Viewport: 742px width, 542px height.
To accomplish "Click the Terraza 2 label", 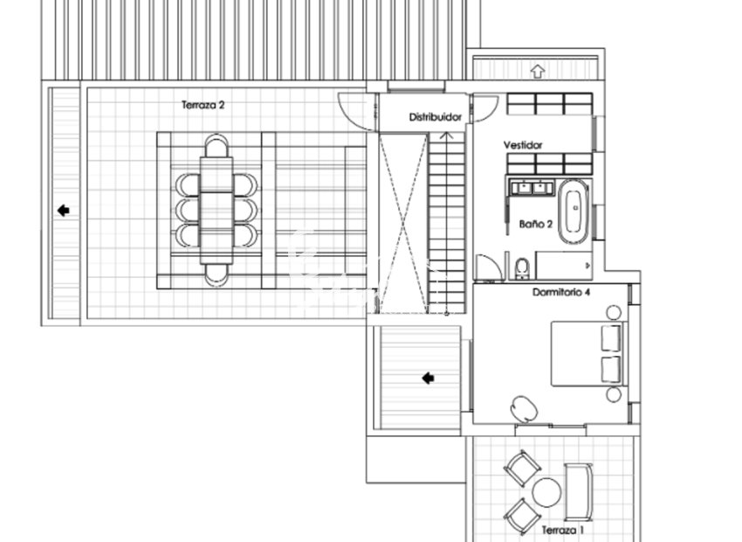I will pos(203,105).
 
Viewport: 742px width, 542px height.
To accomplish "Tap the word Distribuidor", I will pos(435,116).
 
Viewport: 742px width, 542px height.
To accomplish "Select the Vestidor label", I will pos(523,145).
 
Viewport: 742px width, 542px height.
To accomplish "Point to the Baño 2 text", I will pos(536,224).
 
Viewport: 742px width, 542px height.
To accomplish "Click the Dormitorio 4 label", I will pos(561,292).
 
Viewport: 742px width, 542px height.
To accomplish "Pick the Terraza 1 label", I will pos(562,530).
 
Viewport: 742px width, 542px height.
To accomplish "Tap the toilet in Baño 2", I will pos(521,266).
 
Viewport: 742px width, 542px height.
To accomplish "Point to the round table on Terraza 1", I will pos(547,491).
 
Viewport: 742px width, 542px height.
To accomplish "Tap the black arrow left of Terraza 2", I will pos(63,210).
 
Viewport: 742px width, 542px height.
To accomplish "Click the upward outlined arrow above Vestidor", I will pos(537,69).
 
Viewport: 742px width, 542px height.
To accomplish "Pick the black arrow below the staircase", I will pos(428,378).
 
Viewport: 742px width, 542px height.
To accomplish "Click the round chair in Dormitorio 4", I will pos(525,407).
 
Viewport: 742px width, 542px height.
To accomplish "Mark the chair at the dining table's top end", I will pos(216,144).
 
